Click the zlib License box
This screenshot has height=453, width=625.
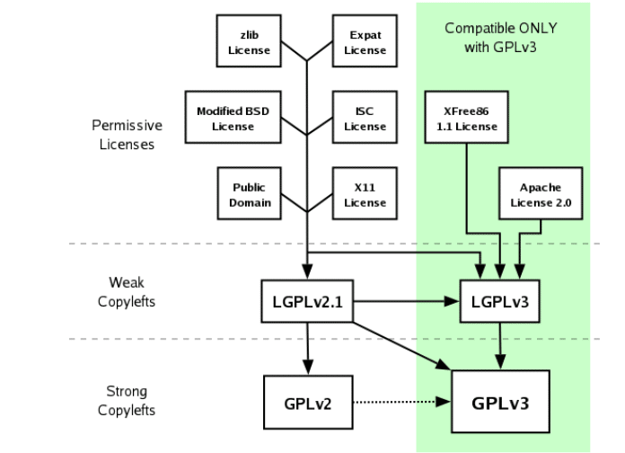click(x=249, y=42)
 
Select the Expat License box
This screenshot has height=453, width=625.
click(x=364, y=42)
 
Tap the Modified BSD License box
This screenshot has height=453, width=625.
click(x=233, y=118)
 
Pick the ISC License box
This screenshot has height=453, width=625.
click(x=364, y=118)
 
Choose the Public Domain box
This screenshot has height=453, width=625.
click(x=249, y=194)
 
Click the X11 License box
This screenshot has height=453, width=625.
click(x=364, y=194)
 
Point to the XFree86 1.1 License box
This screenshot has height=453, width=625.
click(x=466, y=118)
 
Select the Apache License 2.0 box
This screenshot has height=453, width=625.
click(x=539, y=194)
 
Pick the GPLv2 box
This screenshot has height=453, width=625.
click(x=308, y=402)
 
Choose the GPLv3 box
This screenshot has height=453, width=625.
click(x=500, y=402)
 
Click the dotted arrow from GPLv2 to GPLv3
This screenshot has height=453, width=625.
click(x=399, y=402)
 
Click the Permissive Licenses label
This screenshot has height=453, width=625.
click(x=128, y=134)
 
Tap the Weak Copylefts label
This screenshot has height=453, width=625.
click(x=127, y=292)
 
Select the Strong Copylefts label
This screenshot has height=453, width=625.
click(x=127, y=401)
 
